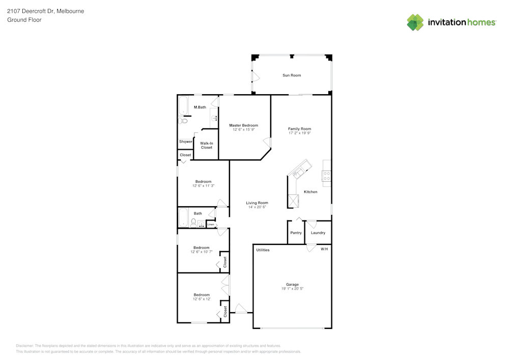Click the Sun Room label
pos(292,75)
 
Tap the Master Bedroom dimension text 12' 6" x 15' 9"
pos(243,130)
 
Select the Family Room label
pos(299,129)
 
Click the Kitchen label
pos(310,192)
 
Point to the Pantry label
pos(296,233)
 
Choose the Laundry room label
pos(318,233)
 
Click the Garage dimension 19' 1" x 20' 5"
pos(292,289)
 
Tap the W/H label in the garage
pos(324,250)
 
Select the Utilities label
pos(263,250)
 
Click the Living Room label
pos(257,203)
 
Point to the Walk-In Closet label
pos(206,145)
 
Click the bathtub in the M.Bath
pos(183,105)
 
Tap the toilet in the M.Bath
pos(183,121)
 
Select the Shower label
pos(185,142)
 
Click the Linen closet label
pos(210,224)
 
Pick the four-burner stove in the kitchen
pos(326,176)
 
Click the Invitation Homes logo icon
pos(415,22)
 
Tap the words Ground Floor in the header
pos(24,20)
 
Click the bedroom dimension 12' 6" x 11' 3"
pos(203,186)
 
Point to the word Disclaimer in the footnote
pos(25,345)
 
